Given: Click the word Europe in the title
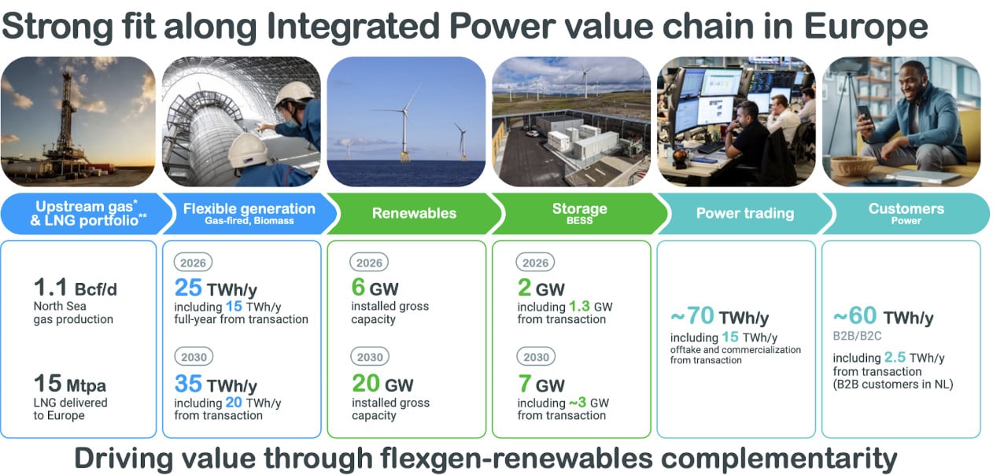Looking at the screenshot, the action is [866, 27].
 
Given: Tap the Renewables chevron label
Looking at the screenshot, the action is [414, 213].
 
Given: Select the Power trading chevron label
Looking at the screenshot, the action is [744, 213].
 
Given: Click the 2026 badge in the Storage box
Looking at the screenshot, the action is [535, 263].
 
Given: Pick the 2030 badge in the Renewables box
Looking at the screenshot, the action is [370, 357].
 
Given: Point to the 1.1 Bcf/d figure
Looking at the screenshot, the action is [76, 288].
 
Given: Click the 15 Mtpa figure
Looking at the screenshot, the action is [70, 384].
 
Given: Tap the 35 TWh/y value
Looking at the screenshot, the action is [216, 384].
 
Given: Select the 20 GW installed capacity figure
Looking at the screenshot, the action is [382, 384].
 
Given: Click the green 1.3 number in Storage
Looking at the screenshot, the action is [579, 306].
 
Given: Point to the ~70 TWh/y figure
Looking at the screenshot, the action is [719, 316].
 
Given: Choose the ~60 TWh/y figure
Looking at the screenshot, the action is [883, 316].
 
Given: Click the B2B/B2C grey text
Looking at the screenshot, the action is [857, 336].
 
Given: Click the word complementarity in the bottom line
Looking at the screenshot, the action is [779, 459].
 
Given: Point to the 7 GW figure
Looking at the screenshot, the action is [541, 384].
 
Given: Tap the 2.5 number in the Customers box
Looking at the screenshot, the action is [895, 357].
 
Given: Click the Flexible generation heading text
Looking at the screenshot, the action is [249, 208].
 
